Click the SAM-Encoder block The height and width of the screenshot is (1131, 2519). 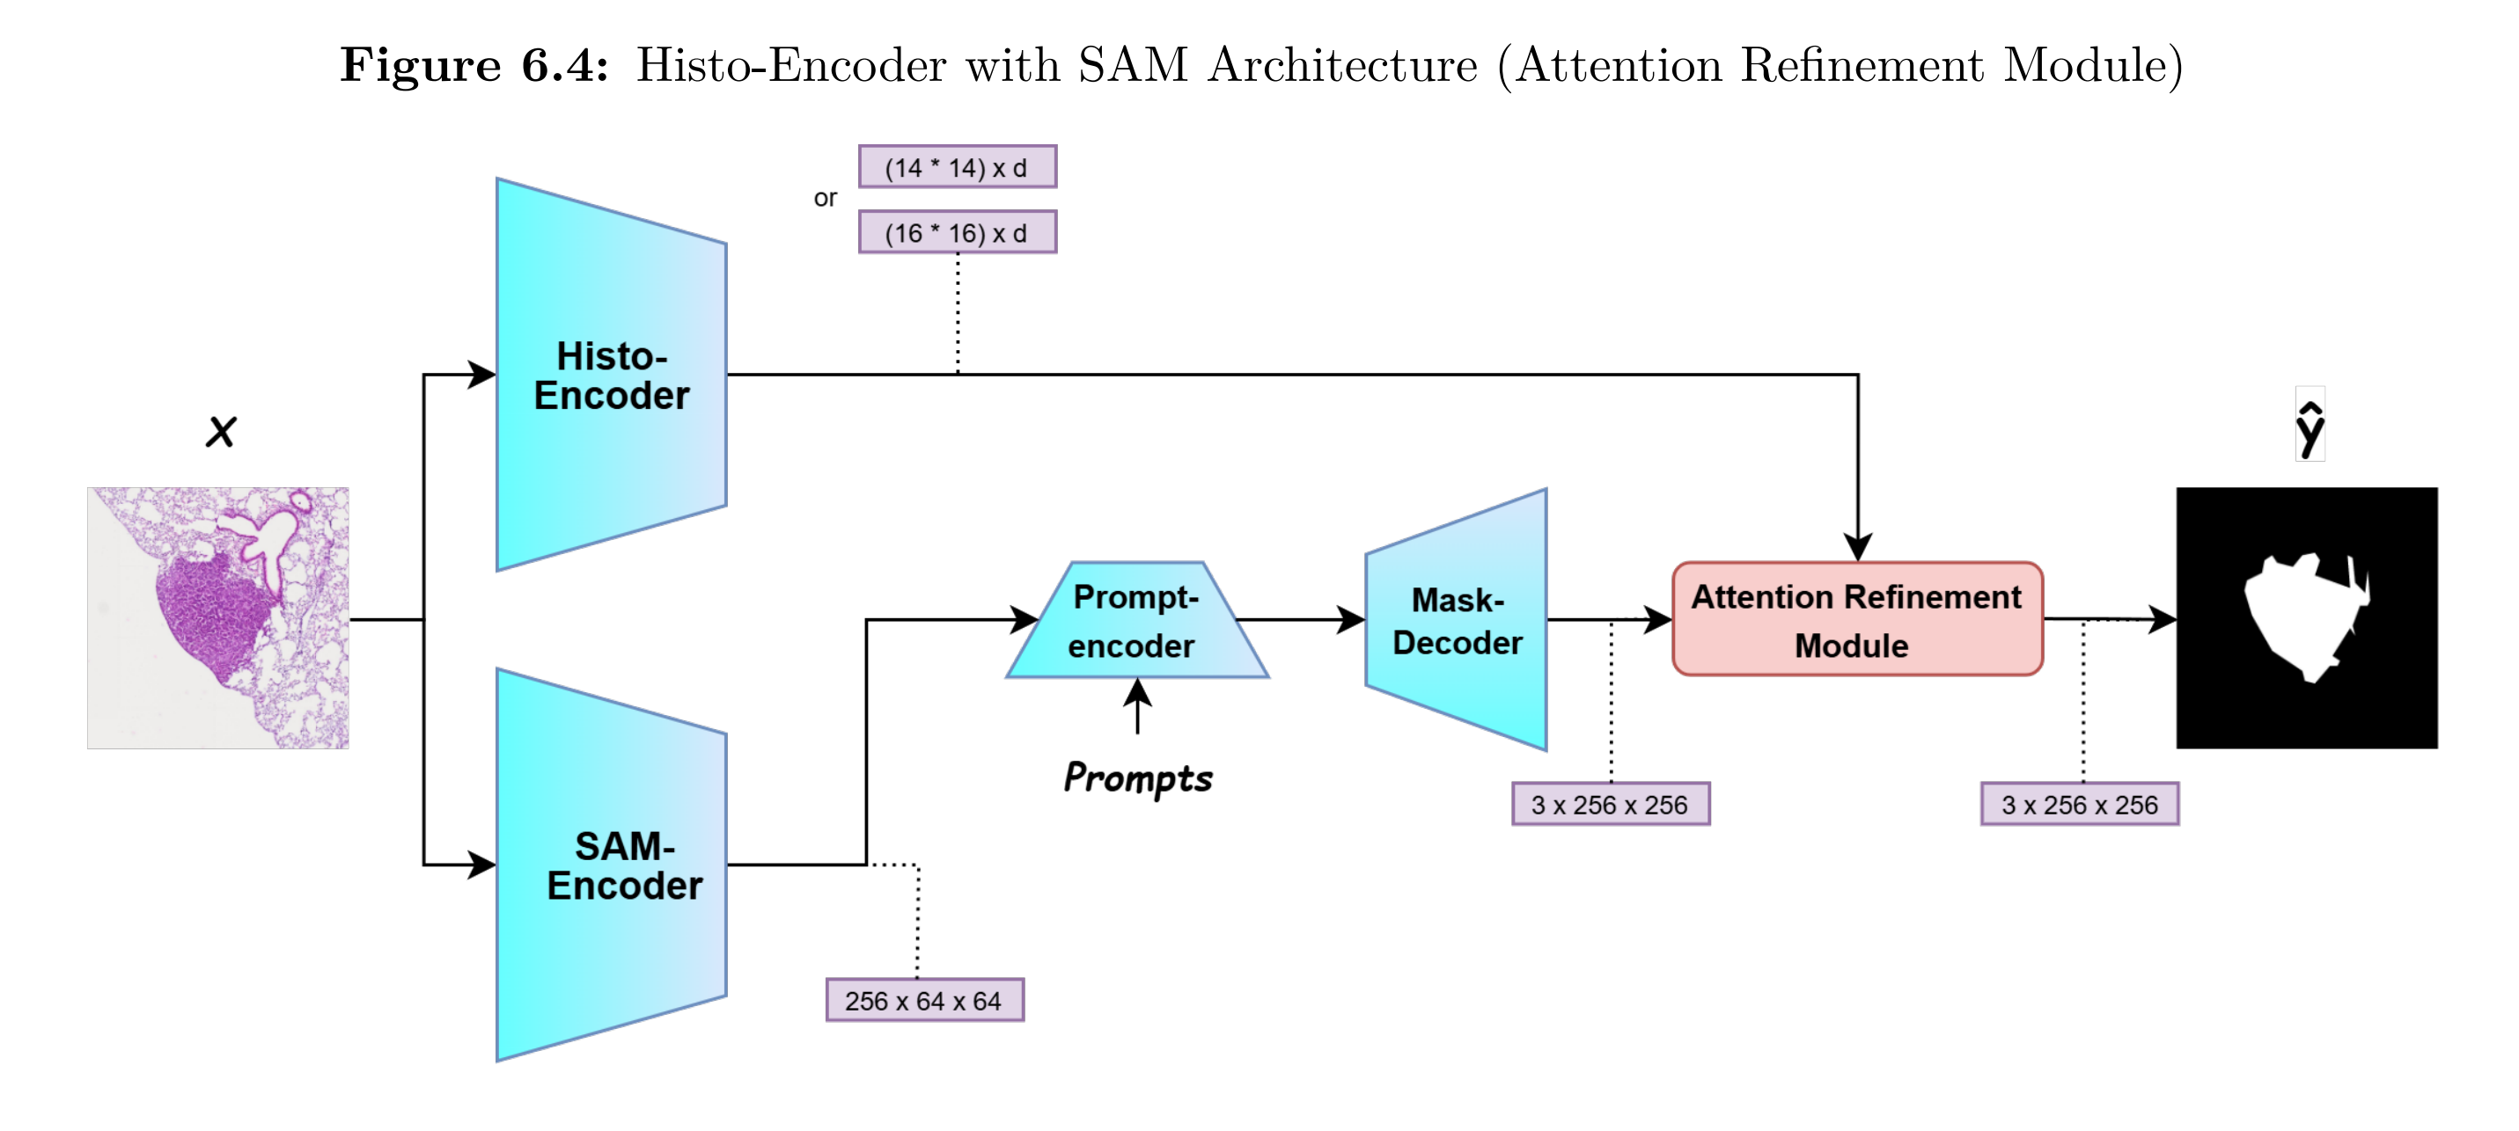click(x=611, y=865)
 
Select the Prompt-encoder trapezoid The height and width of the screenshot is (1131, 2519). click(x=1136, y=621)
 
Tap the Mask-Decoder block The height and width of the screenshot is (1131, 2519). click(x=1457, y=621)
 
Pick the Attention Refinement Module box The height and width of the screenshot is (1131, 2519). click(x=1857, y=620)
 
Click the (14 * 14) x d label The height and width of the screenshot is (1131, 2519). click(x=957, y=167)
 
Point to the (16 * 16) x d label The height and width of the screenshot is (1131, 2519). click(x=957, y=233)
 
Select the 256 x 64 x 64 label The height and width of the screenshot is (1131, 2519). click(x=924, y=1000)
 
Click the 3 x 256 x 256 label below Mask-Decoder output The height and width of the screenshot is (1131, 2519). click(x=1610, y=805)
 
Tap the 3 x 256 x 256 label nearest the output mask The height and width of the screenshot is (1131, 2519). click(x=2079, y=805)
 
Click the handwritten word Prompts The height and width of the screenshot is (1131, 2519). click(x=1137, y=778)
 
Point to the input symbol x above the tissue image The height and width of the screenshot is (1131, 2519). click(x=221, y=431)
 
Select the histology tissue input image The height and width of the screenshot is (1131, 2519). click(x=218, y=617)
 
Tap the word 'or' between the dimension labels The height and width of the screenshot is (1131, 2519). click(x=826, y=199)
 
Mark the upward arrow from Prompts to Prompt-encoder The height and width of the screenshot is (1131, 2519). click(x=1137, y=705)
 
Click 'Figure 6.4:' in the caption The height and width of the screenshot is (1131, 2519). click(x=474, y=65)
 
